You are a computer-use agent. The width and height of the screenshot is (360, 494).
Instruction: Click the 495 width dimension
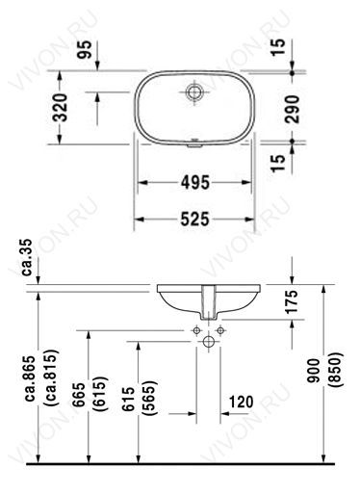195,183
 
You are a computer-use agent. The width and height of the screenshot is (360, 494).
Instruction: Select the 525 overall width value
195,220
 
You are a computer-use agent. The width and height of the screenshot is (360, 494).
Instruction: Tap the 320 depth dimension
61,107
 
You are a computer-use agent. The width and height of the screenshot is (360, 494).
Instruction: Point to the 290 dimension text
292,109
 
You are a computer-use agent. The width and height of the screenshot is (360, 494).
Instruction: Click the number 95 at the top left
86,49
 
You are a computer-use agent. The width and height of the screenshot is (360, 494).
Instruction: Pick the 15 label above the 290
278,47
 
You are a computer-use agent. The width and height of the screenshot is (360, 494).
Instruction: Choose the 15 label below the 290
278,164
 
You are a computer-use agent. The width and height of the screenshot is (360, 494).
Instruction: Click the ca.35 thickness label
27,257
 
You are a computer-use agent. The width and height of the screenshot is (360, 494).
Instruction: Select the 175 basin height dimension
292,301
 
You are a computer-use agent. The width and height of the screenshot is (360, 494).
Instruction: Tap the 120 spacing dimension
242,402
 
